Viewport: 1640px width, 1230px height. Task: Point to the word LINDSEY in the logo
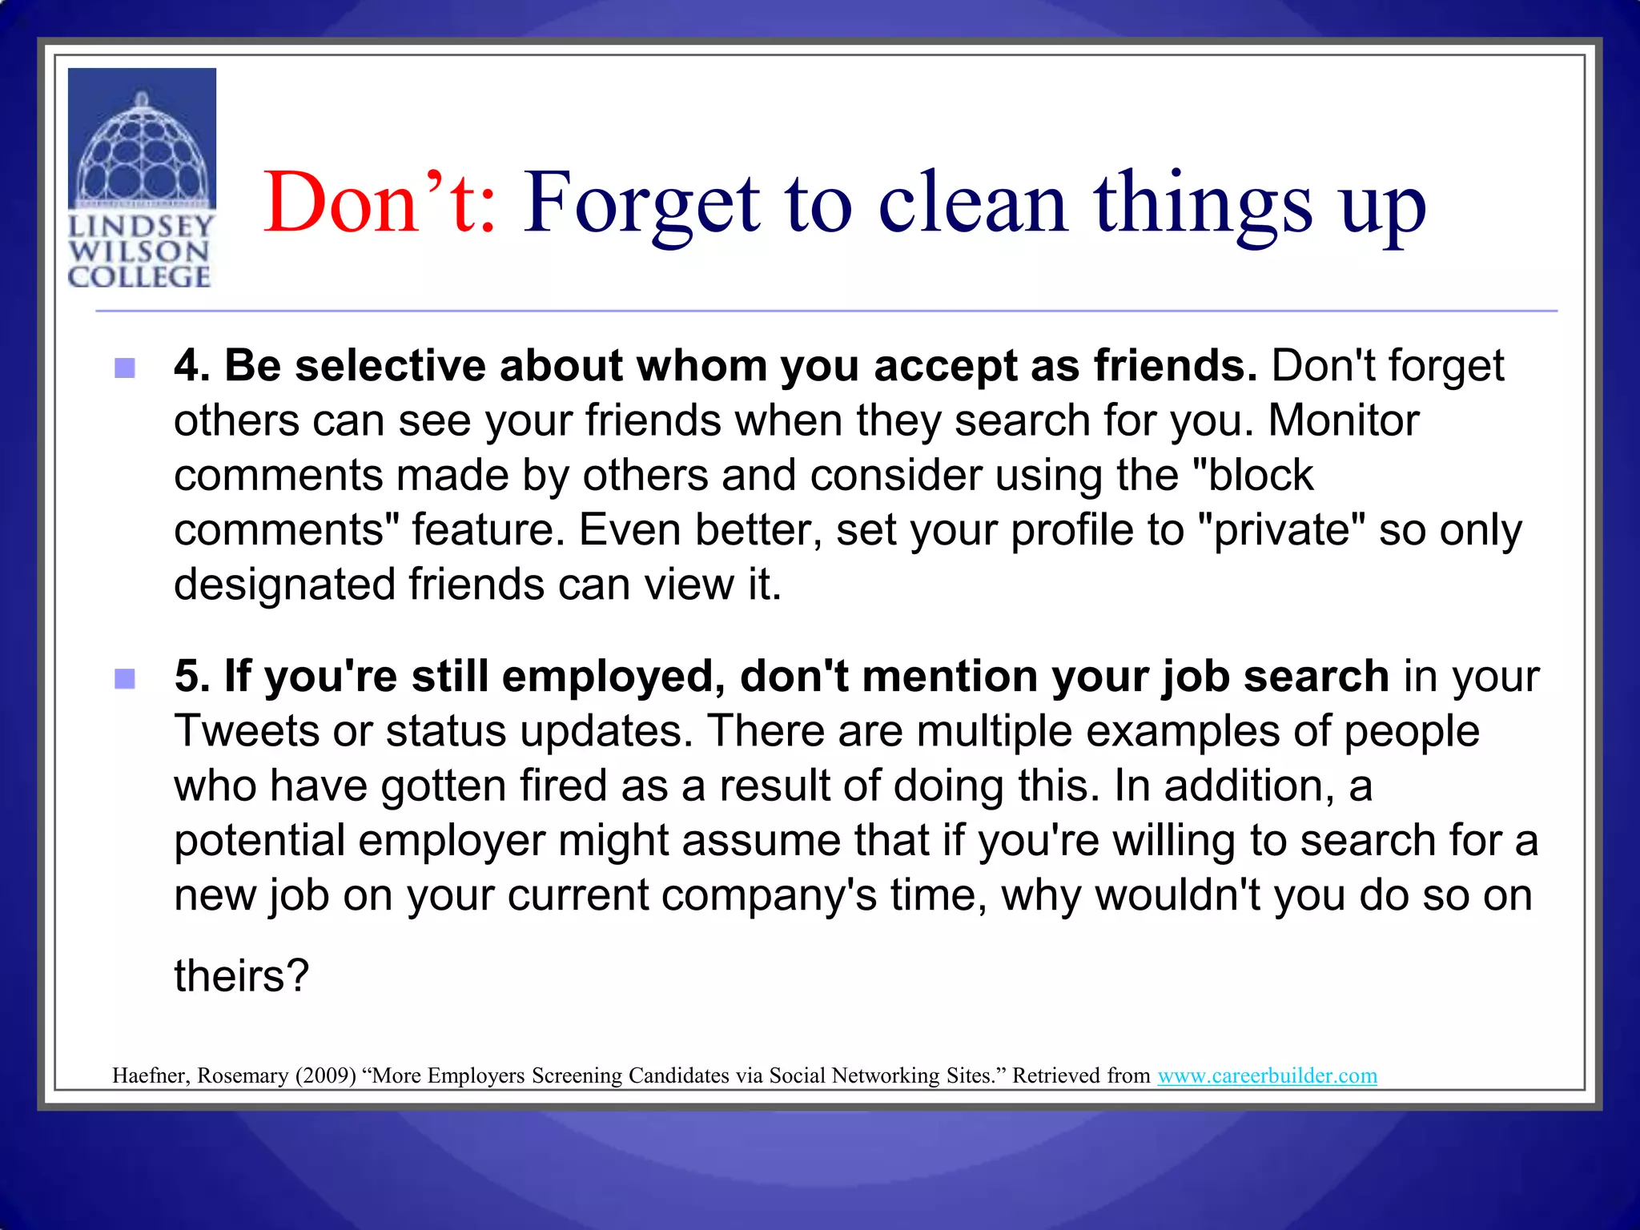[x=141, y=227]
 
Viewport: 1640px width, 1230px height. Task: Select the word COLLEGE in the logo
[x=139, y=277]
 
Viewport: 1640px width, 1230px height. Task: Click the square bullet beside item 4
[x=125, y=368]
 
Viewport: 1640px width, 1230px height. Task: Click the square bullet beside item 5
[x=125, y=679]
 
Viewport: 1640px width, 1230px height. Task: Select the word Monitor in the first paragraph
[x=1343, y=421]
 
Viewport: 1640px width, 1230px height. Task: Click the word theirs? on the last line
[x=241, y=976]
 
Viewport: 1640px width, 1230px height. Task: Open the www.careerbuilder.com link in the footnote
[x=1267, y=1075]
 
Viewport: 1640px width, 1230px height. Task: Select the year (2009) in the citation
[x=325, y=1075]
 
